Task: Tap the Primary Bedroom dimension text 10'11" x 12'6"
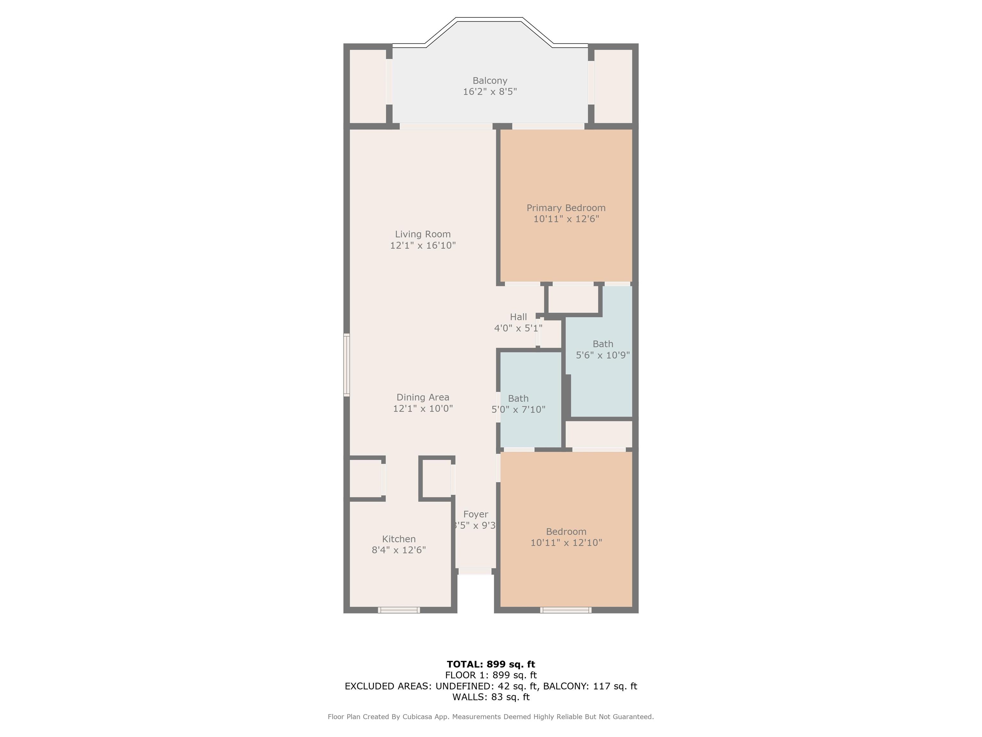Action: coord(566,219)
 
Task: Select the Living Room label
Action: coord(423,234)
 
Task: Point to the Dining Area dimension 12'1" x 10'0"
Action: coord(423,408)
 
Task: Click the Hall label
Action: coord(518,317)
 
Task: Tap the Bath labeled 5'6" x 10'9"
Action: coord(603,349)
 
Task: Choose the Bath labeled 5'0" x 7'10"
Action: coord(518,403)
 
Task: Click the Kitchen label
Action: coord(399,539)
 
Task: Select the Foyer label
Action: coord(475,514)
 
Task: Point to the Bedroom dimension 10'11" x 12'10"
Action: coord(566,543)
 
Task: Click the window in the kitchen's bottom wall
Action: coord(399,610)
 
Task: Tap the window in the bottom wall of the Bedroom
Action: coord(565,610)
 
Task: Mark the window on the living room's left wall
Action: coord(347,365)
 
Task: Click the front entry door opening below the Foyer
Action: coord(475,571)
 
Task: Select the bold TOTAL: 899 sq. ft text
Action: coord(491,664)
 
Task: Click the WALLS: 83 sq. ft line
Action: coord(491,697)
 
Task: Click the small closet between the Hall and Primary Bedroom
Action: coord(573,299)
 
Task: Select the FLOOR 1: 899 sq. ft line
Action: coord(491,675)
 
